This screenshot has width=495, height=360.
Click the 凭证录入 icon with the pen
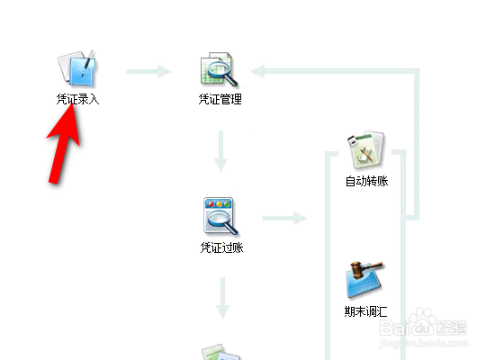coord(76,68)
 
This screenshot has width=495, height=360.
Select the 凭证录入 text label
coord(77,99)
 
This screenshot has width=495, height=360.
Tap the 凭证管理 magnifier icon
coord(219,69)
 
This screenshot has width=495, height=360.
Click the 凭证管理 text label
coord(220,99)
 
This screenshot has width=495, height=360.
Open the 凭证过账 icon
coord(220,216)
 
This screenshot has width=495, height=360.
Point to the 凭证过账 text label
coord(221,247)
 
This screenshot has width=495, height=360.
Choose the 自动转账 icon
coord(366,150)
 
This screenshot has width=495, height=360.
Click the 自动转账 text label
coord(366,181)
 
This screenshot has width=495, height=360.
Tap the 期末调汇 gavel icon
coord(364,280)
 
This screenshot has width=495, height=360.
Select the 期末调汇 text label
coord(365,311)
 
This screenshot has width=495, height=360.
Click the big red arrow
coord(64,144)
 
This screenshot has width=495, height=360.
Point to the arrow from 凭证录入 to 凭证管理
coord(148,72)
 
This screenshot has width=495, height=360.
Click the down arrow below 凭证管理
coord(221,151)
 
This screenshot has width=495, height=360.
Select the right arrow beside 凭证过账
coord(284,218)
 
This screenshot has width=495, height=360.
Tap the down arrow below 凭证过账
coord(222,299)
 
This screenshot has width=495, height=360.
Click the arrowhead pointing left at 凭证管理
coord(257,71)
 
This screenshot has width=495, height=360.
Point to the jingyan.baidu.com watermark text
coord(424,343)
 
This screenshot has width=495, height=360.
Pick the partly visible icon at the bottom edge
coord(221,352)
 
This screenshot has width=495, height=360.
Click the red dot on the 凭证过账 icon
coord(211,204)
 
